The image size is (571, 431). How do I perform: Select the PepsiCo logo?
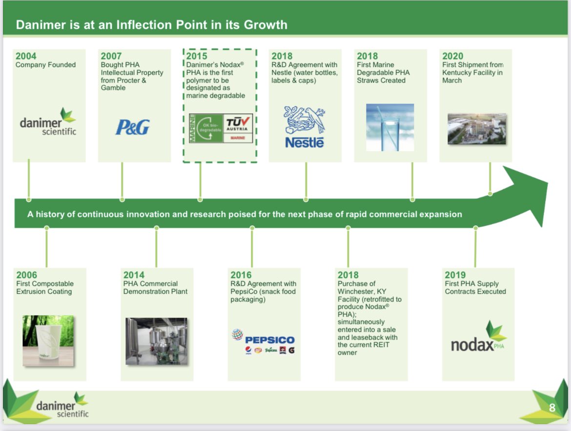click(x=263, y=341)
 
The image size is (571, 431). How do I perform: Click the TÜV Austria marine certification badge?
click(x=221, y=128)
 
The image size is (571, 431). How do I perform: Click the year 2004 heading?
click(x=26, y=56)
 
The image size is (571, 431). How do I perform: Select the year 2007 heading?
click(x=111, y=56)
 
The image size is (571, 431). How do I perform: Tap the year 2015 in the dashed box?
click(x=197, y=56)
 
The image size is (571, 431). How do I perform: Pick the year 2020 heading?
click(x=453, y=56)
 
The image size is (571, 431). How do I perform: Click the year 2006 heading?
click(x=27, y=275)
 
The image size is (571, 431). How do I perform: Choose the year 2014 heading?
click(x=134, y=275)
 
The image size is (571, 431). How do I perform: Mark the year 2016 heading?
click(x=241, y=275)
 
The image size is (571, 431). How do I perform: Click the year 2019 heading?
click(x=455, y=275)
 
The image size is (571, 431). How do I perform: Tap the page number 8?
click(x=552, y=408)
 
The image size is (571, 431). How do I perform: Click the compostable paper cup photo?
click(x=48, y=341)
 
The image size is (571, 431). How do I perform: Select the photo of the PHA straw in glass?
click(x=390, y=127)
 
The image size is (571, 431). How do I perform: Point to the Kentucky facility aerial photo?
click(x=477, y=129)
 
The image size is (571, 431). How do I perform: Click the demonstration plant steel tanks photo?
click(x=156, y=341)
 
